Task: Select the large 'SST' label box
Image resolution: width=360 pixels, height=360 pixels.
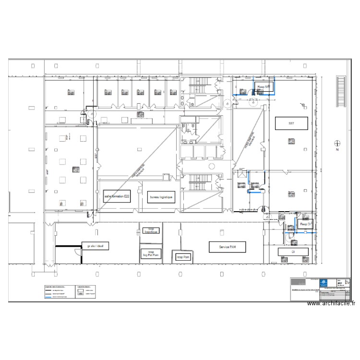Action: (291, 123)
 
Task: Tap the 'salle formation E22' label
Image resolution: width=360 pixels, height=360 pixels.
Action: (117, 197)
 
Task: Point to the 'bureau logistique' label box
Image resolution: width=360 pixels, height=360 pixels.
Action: (161, 197)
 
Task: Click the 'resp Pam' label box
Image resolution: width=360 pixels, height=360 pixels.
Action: (183, 257)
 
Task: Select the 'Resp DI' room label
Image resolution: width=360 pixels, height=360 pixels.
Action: (306, 224)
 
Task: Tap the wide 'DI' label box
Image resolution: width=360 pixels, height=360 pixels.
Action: (293, 251)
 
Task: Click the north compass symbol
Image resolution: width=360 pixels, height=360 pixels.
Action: (337, 143)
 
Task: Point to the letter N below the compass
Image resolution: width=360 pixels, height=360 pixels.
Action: (337, 150)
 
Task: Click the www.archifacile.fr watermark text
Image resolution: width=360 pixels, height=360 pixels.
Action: (331, 303)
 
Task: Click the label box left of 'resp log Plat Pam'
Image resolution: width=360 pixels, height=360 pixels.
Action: (96, 246)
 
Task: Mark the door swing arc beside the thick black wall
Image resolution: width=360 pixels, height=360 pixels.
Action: (77, 251)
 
